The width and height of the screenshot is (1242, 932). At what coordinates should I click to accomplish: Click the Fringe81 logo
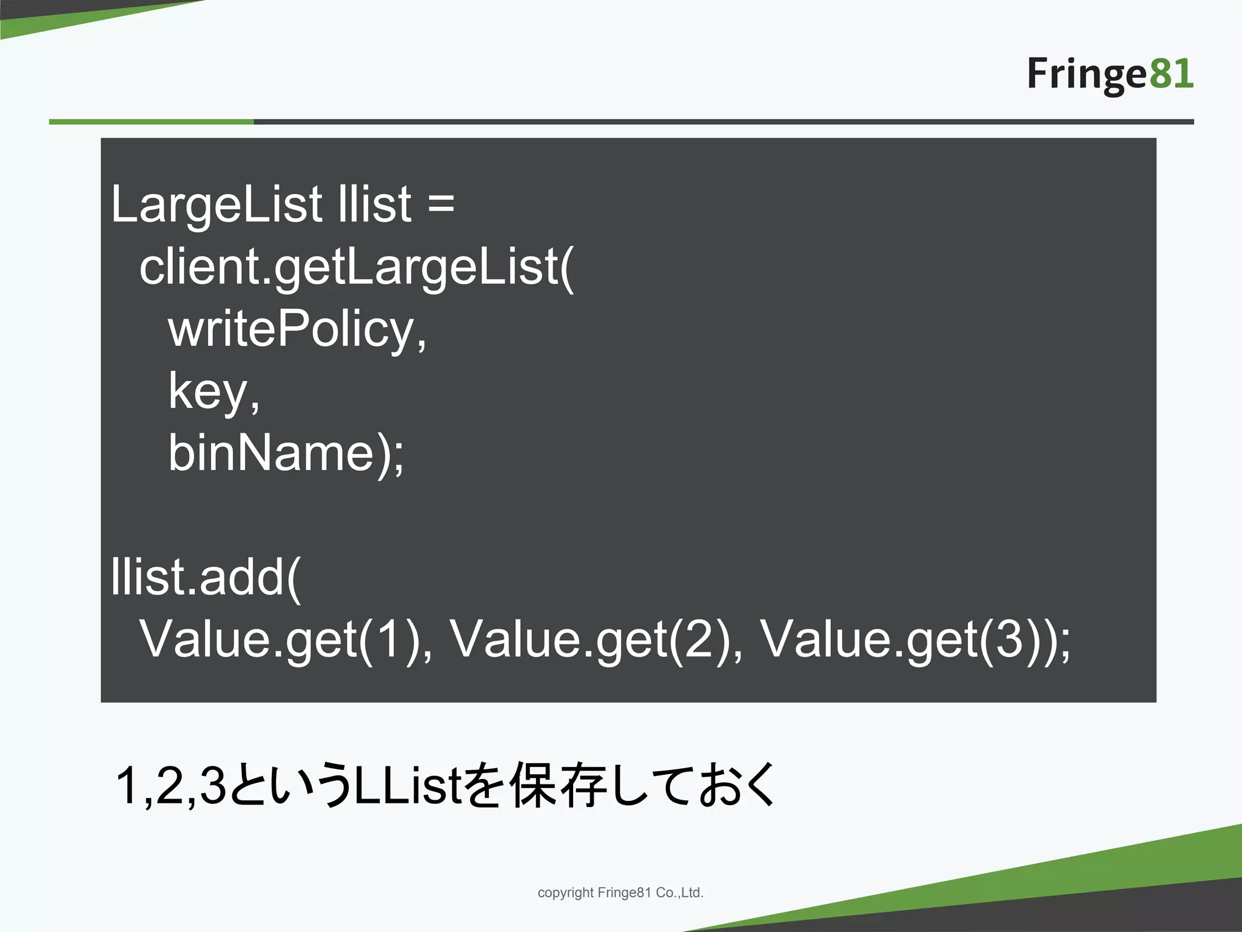click(x=1110, y=75)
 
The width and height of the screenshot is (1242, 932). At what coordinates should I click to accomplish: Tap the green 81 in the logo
click(x=1170, y=74)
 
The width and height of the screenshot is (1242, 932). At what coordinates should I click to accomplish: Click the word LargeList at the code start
click(x=216, y=204)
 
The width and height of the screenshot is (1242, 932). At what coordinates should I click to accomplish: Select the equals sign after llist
click(x=441, y=203)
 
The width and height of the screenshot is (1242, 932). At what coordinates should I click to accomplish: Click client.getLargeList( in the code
click(x=356, y=268)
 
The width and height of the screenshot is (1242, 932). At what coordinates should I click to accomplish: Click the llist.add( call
click(x=206, y=577)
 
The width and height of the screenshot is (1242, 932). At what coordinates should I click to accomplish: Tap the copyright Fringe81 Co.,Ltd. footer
click(x=620, y=893)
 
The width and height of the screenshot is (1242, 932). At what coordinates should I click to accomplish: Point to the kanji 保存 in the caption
click(x=558, y=785)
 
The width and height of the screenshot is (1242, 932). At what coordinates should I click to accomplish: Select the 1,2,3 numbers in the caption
click(x=170, y=786)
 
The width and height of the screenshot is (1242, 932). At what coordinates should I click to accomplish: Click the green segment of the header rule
click(x=151, y=122)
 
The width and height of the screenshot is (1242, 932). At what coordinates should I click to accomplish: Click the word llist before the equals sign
click(x=375, y=204)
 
